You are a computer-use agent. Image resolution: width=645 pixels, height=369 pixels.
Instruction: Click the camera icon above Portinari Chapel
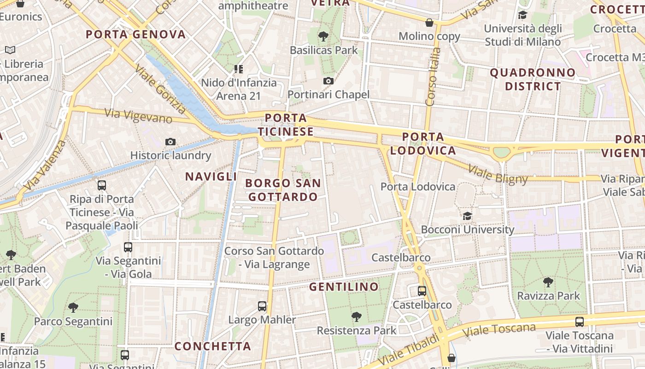click(328, 81)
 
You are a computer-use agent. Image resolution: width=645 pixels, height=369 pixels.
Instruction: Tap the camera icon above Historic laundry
click(170, 142)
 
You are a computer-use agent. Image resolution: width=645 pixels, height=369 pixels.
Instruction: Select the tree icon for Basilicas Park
click(323, 36)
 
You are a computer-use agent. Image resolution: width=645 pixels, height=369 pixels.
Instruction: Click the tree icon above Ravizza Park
click(548, 282)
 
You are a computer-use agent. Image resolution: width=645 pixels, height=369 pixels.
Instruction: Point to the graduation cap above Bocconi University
click(467, 216)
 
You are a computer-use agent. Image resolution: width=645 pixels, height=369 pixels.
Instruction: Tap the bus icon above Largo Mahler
click(262, 306)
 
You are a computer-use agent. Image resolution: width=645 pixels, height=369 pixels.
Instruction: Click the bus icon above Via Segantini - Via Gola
click(128, 247)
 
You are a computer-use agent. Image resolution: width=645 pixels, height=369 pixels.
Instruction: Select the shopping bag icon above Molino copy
click(429, 23)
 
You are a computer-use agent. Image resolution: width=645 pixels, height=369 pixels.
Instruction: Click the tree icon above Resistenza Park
click(356, 316)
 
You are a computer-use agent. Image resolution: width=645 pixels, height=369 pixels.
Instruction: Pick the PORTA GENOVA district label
click(136, 34)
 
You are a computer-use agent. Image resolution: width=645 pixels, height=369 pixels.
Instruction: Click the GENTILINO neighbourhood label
click(344, 287)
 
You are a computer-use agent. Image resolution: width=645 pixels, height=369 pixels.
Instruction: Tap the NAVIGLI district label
click(211, 176)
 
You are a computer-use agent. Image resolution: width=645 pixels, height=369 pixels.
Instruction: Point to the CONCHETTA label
click(213, 346)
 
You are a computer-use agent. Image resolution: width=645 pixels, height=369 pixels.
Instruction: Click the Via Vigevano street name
click(138, 115)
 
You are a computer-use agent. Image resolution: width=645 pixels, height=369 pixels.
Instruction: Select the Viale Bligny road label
click(498, 173)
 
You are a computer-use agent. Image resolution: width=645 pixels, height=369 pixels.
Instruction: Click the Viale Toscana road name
click(499, 330)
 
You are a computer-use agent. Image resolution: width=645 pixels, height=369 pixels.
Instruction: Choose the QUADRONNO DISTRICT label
click(533, 79)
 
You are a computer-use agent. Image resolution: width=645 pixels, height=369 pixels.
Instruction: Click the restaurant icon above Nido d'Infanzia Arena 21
click(239, 69)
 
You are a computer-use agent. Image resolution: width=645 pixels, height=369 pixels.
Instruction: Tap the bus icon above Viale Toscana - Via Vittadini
click(579, 322)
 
